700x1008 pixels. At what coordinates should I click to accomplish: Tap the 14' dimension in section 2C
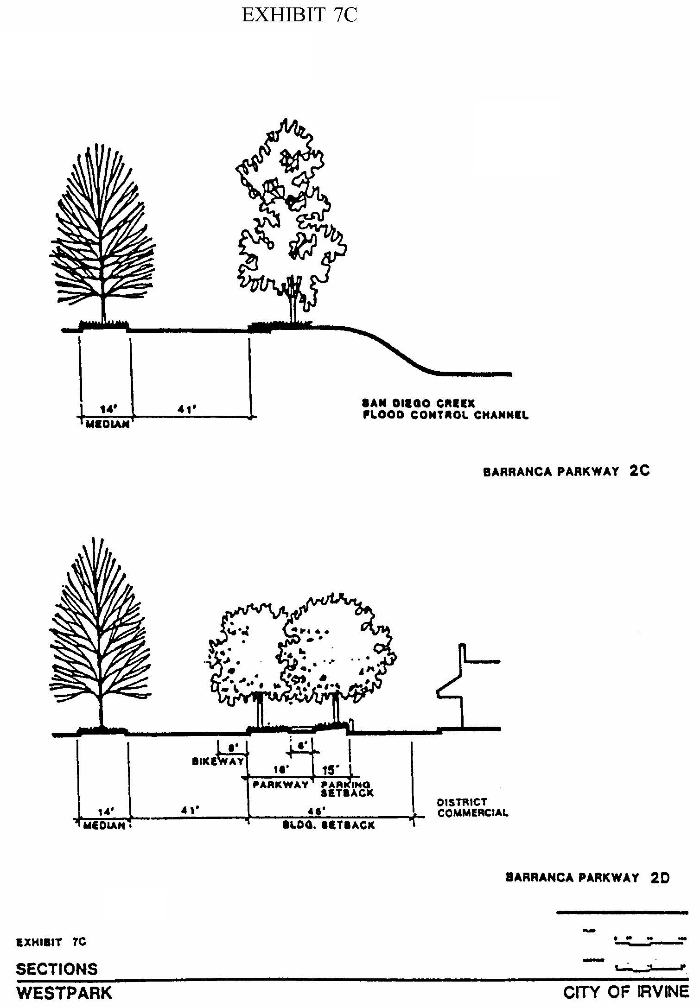click(x=108, y=409)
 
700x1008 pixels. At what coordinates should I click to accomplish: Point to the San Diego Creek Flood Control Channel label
click(x=445, y=409)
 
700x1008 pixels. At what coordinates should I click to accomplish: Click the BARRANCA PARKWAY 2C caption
click(x=566, y=472)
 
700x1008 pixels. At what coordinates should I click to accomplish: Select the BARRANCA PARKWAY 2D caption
click(x=587, y=878)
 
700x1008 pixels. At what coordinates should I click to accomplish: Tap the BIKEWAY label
click(x=218, y=761)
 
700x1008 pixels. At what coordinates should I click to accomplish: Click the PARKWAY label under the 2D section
click(x=281, y=785)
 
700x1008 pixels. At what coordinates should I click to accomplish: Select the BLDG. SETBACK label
click(x=329, y=825)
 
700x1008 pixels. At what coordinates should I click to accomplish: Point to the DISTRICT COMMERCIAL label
click(x=472, y=808)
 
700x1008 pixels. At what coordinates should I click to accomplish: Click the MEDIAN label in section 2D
click(x=104, y=825)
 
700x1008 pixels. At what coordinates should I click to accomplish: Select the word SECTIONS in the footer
click(x=57, y=969)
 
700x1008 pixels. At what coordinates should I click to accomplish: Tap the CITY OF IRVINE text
click(x=626, y=992)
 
